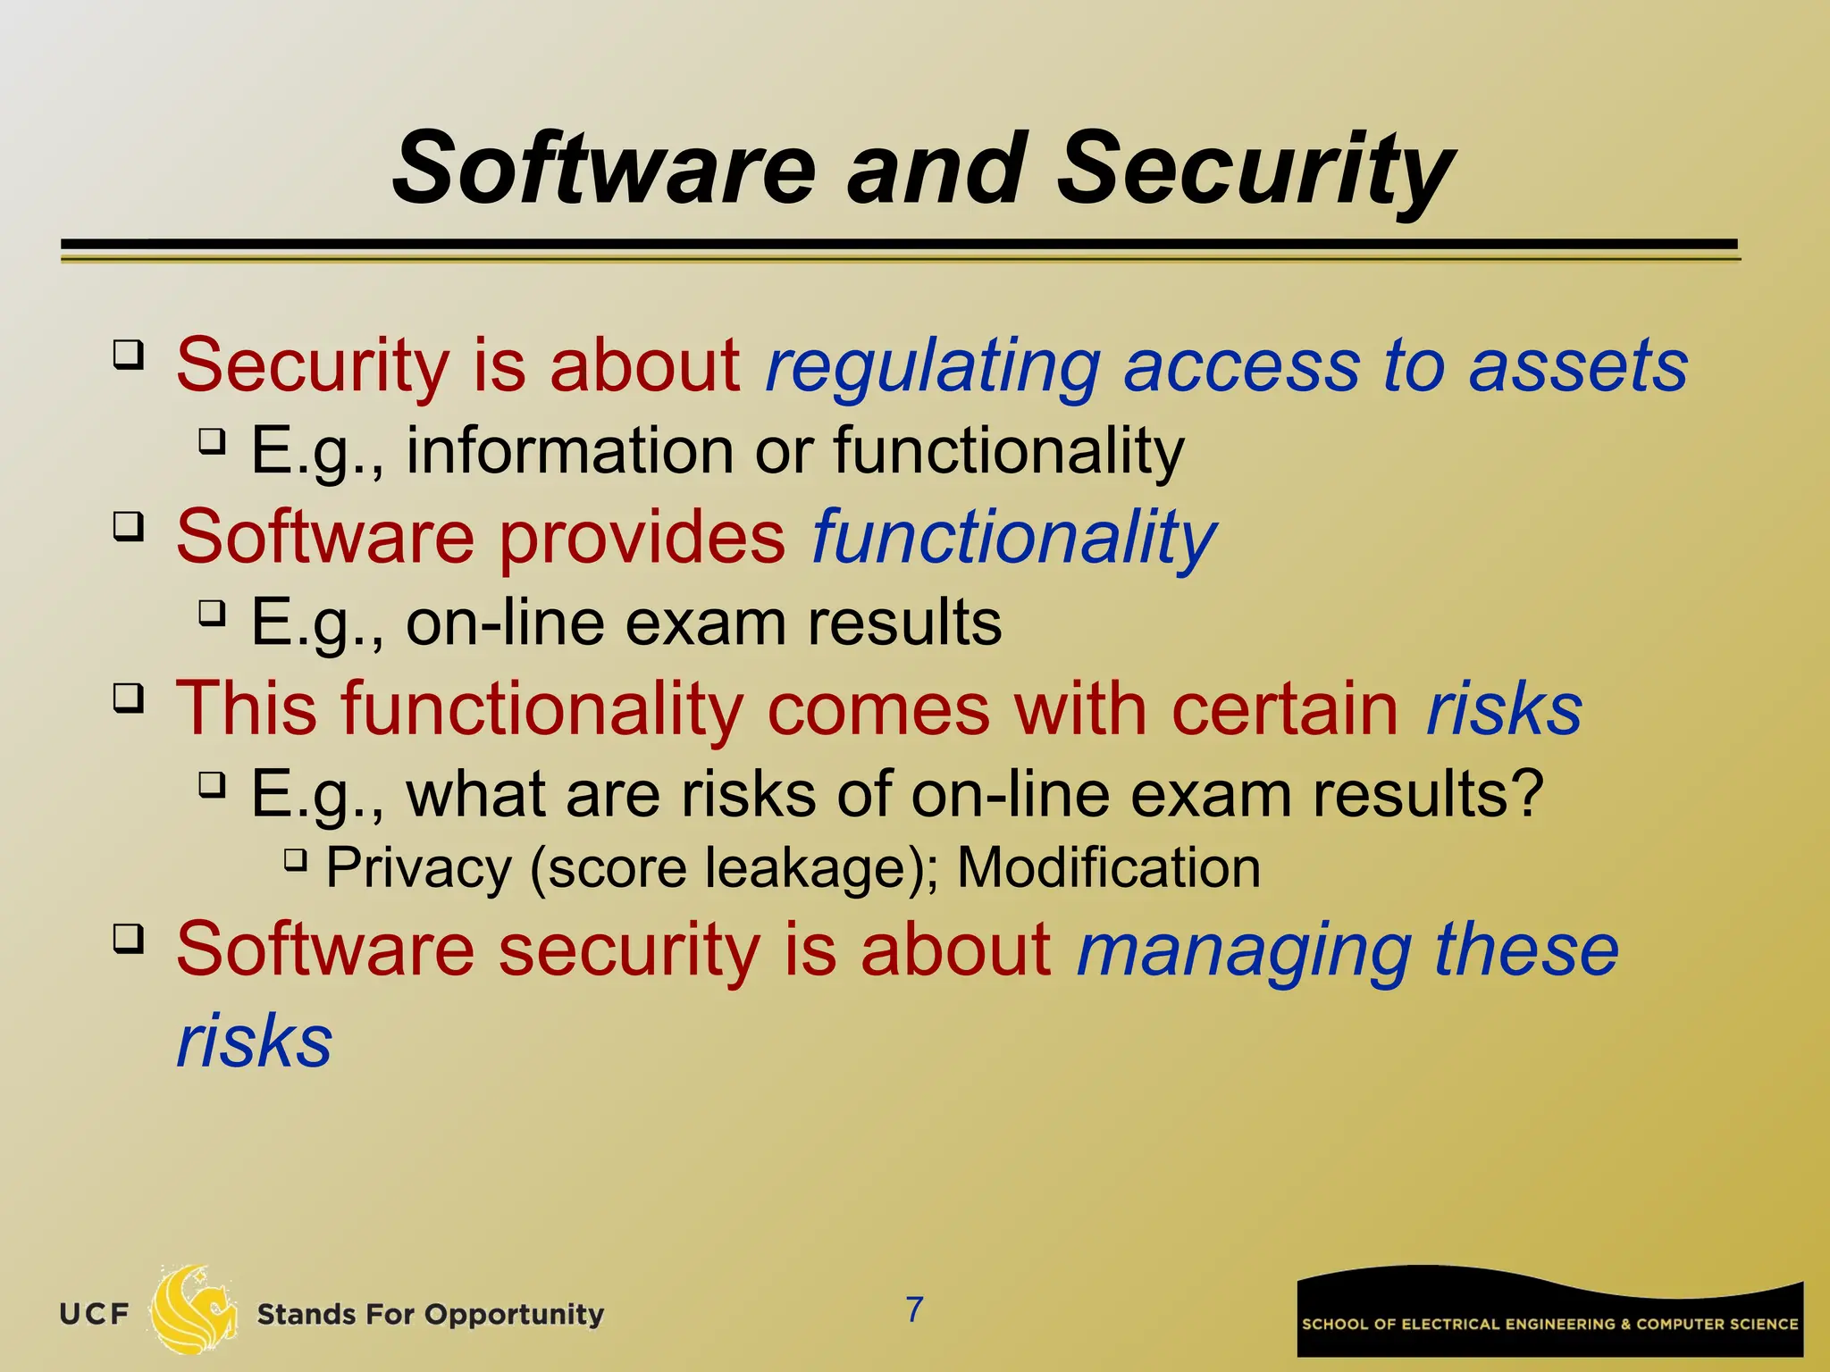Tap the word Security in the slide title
click(1255, 170)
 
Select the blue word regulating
click(933, 366)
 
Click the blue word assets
click(1578, 366)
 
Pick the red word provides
click(641, 537)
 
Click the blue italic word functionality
click(1013, 537)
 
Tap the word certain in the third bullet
click(1284, 708)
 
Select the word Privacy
click(418, 868)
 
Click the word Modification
click(1108, 867)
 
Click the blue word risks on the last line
click(255, 1041)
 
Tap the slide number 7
click(914, 1309)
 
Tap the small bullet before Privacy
click(295, 861)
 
